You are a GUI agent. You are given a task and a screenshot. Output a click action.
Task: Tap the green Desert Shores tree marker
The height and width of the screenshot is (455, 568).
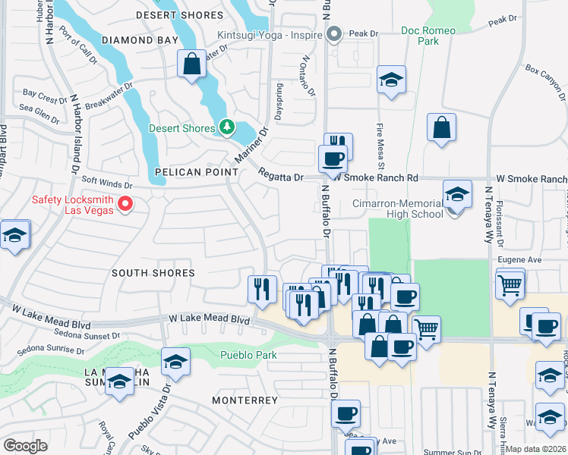(226, 127)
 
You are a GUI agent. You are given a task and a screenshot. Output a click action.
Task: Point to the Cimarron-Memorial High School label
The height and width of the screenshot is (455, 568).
(399, 209)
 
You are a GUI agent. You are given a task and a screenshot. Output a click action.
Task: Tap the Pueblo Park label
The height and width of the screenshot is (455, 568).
(248, 355)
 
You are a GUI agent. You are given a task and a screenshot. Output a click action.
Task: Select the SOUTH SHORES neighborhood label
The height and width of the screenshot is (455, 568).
(153, 272)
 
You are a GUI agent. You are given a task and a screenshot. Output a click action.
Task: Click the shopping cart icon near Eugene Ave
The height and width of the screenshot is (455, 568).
(510, 286)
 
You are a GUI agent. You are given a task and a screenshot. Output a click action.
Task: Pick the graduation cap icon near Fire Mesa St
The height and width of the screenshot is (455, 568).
(391, 80)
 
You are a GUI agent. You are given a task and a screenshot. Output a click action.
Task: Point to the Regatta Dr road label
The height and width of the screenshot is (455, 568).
(281, 177)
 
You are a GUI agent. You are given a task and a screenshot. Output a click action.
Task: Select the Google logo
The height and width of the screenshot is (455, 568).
(25, 446)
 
